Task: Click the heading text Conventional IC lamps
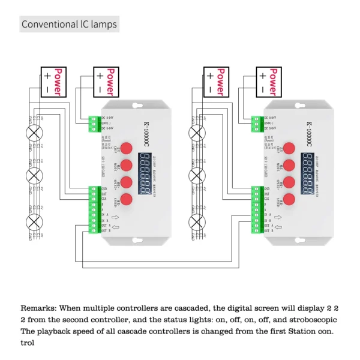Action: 69,25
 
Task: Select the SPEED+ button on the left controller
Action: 126,182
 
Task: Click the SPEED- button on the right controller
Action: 289,199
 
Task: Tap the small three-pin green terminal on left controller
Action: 93,124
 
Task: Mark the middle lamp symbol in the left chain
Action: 35,177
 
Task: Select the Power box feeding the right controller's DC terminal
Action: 269,82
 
